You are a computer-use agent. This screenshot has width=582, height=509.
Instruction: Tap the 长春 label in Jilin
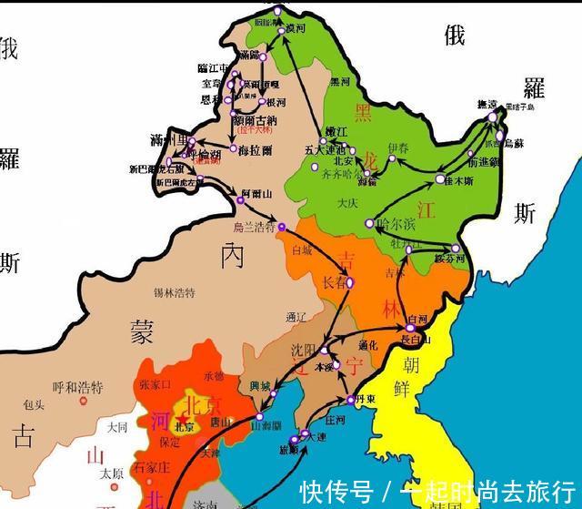[335, 283]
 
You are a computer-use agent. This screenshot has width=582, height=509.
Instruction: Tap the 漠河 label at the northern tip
[295, 30]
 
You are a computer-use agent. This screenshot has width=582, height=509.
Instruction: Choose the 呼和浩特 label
[78, 388]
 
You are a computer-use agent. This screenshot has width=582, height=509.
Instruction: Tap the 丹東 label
[365, 399]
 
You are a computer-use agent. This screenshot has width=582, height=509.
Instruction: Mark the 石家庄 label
[148, 468]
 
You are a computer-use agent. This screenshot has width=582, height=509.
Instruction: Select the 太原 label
[111, 473]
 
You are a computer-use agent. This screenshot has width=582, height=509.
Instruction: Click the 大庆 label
[345, 202]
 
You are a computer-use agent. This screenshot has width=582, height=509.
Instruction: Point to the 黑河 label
[339, 82]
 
